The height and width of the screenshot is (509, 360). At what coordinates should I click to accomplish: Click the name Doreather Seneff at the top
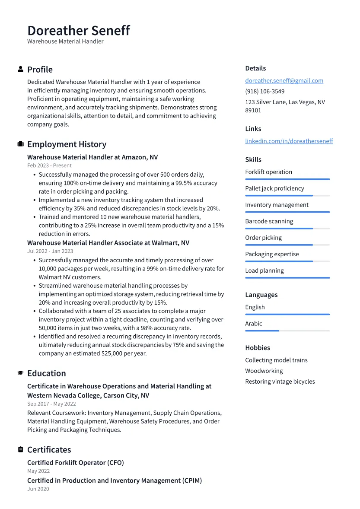[78, 31]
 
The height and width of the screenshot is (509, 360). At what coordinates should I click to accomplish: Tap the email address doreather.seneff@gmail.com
[284, 81]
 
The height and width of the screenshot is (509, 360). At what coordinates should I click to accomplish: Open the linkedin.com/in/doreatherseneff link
[289, 141]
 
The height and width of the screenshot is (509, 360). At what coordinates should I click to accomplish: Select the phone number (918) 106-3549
[264, 92]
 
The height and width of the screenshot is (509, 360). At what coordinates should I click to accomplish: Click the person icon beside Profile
[20, 70]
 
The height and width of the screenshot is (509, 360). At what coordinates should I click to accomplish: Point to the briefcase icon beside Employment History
[20, 144]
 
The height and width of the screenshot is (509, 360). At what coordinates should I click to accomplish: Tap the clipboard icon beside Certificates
[20, 450]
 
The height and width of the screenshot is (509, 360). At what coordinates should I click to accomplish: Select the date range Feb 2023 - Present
[49, 165]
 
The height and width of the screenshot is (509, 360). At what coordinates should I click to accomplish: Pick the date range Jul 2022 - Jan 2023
[50, 251]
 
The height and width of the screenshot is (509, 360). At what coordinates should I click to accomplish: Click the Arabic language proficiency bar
[287, 331]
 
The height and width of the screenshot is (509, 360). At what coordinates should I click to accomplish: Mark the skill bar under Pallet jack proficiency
[287, 196]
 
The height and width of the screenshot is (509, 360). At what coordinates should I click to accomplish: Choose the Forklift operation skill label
[268, 172]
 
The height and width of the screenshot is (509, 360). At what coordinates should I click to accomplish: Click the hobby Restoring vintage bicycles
[280, 382]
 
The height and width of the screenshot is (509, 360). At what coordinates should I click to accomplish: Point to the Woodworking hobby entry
[264, 371]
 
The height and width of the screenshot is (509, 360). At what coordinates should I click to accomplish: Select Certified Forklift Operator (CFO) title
[75, 463]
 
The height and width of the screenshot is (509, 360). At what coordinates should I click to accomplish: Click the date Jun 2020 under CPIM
[38, 489]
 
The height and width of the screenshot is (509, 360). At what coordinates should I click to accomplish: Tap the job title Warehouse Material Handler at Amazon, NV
[92, 157]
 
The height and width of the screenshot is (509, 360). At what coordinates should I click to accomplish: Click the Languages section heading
[261, 295]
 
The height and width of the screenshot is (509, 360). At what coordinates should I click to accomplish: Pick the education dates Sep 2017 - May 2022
[51, 404]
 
